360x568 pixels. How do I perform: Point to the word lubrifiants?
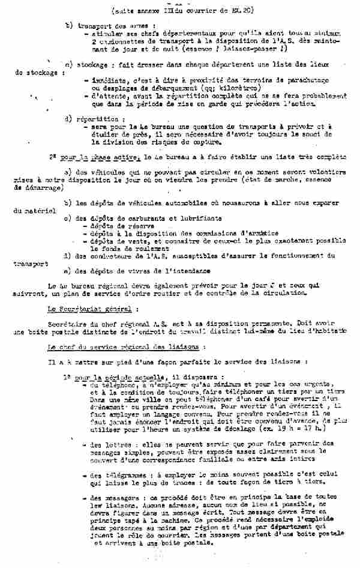tap(198, 218)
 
